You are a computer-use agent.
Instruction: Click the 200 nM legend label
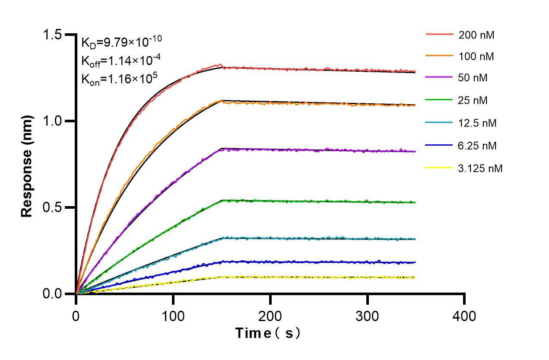click(x=476, y=35)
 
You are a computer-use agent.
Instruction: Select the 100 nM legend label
click(x=476, y=56)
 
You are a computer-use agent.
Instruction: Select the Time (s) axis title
click(x=268, y=333)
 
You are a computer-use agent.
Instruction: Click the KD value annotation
click(x=121, y=42)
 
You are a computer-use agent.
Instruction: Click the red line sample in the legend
click(x=440, y=34)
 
